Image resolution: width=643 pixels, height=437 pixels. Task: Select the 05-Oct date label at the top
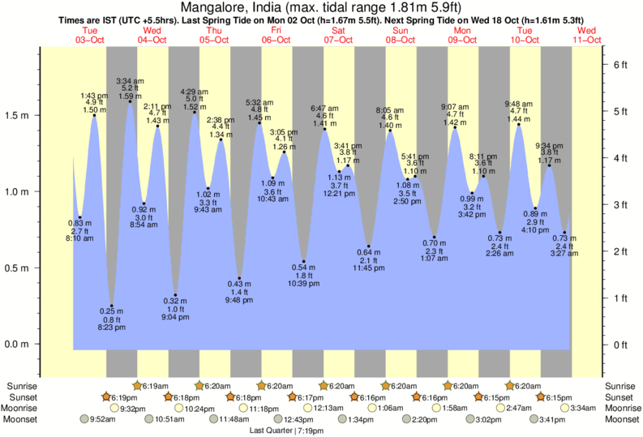click(214, 39)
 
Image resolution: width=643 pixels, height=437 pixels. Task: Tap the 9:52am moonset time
click(101, 419)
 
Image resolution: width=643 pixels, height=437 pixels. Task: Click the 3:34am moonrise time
click(582, 408)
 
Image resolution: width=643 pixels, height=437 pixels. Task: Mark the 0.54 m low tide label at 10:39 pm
click(304, 267)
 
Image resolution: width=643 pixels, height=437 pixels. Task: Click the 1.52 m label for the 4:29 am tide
click(193, 107)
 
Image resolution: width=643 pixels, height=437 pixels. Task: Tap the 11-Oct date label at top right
click(586, 39)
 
